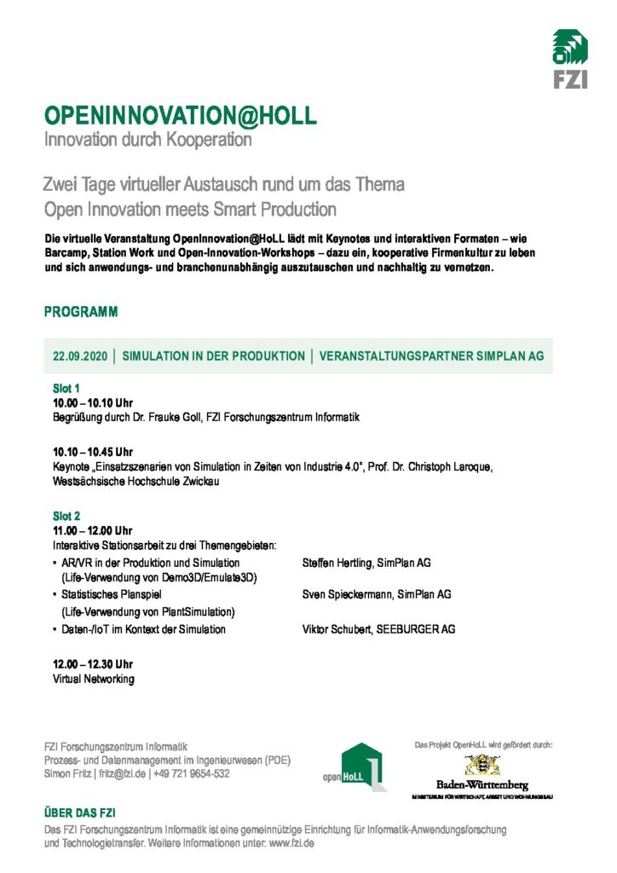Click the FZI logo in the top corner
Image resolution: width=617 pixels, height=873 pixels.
pyautogui.click(x=569, y=58)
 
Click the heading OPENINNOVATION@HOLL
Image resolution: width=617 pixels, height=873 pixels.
pyautogui.click(x=180, y=116)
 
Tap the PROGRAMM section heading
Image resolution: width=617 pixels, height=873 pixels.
pyautogui.click(x=81, y=312)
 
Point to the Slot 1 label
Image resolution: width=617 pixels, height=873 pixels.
pyautogui.click(x=66, y=388)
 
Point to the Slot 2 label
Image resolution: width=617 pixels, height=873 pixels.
pyautogui.click(x=66, y=517)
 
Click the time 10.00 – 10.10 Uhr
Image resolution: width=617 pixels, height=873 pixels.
pyautogui.click(x=93, y=402)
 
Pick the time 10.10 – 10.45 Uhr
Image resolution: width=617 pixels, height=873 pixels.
pyautogui.click(x=93, y=452)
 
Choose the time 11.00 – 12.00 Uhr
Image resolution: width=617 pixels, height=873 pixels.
pyautogui.click(x=93, y=531)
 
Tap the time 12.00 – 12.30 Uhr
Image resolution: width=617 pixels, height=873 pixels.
pyautogui.click(x=93, y=664)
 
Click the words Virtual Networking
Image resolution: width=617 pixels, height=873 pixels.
pyautogui.click(x=93, y=679)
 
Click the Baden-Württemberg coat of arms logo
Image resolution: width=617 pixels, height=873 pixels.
pyautogui.click(x=482, y=765)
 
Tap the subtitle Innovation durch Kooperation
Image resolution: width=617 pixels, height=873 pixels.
pyautogui.click(x=147, y=139)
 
